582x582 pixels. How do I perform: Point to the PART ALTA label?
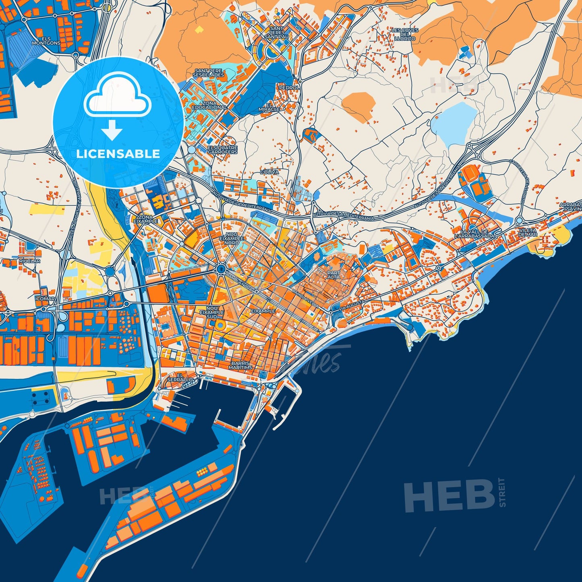click(333, 275)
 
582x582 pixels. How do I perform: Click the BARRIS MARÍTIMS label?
click(241, 365)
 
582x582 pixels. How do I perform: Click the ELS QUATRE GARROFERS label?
click(222, 150)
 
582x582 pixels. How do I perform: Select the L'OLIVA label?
click(269, 172)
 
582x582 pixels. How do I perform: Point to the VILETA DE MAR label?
click(527, 232)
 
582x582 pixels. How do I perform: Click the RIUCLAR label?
click(29, 261)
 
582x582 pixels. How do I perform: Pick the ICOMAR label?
click(45, 299)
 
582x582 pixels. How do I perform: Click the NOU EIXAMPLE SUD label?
click(212, 312)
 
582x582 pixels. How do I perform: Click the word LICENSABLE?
click(118, 154)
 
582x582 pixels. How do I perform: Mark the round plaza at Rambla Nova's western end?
click(221, 268)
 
